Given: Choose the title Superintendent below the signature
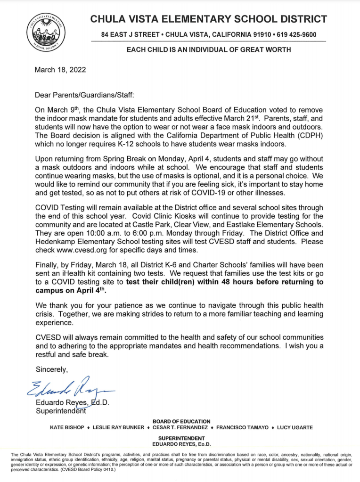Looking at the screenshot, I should pyautogui.click(x=61, y=410).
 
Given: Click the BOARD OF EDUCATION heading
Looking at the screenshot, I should pyautogui.click(x=182, y=421).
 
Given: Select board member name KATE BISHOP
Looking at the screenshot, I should pyautogui.click(x=67, y=427).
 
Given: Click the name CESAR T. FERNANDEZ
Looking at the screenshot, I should pyautogui.click(x=181, y=427).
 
